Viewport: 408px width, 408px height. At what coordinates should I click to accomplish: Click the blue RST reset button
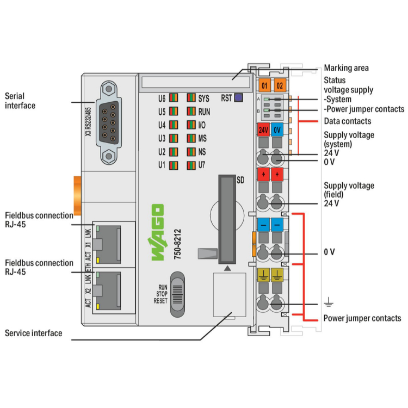tap(238, 98)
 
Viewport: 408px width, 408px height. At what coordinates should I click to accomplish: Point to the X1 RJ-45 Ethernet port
tap(108, 243)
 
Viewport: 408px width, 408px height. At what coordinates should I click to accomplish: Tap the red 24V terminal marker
tap(263, 131)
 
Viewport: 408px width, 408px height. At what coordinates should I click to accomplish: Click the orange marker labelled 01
tap(264, 86)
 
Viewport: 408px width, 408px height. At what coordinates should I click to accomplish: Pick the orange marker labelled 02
tap(279, 86)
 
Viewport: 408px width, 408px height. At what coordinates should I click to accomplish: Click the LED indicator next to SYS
tap(191, 98)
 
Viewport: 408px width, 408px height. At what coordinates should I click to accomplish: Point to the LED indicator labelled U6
tap(174, 98)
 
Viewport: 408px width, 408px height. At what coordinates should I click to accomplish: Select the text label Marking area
tap(346, 68)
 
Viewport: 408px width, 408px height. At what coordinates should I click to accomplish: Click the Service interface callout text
tap(33, 332)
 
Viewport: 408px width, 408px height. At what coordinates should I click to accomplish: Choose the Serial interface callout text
tap(20, 101)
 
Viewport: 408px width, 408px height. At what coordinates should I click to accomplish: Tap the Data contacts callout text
tap(348, 121)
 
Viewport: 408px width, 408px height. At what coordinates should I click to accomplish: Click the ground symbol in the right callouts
tap(327, 304)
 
